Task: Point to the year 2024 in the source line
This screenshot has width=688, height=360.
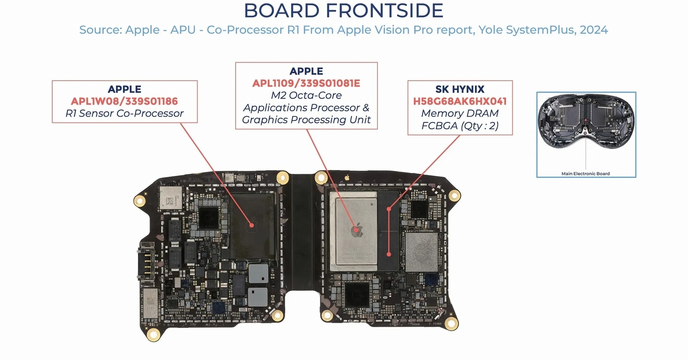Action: [594, 30]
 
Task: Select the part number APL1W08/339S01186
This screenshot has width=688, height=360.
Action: [124, 101]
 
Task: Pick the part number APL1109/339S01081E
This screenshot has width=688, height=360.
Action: [306, 83]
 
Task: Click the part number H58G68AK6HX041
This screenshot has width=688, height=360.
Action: [460, 101]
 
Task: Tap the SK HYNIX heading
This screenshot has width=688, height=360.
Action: [460, 89]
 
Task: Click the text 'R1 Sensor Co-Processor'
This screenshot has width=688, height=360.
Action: [124, 113]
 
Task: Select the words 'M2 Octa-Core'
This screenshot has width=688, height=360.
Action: [306, 95]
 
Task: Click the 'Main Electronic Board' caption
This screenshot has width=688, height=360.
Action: [586, 173]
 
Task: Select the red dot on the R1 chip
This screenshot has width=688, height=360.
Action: [251, 225]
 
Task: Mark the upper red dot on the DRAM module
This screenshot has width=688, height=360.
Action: [388, 209]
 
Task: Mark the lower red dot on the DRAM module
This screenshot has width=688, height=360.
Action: [389, 254]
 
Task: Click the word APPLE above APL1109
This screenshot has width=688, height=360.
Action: [306, 71]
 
